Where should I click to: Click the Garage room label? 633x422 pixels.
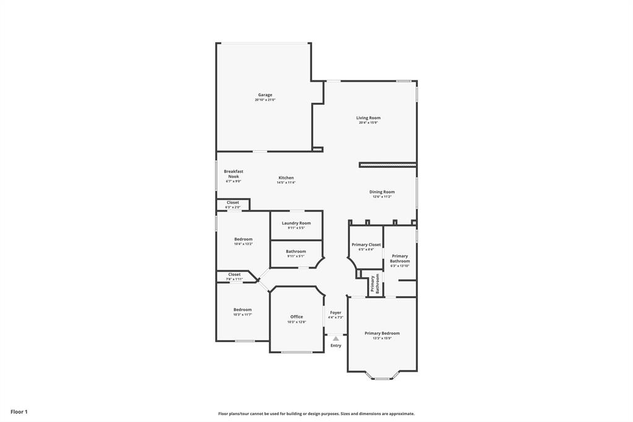(265, 95)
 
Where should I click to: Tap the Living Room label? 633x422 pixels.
(368, 118)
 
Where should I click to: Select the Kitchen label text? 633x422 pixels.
(286, 178)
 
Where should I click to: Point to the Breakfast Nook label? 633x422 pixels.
(233, 174)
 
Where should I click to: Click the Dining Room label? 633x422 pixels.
(382, 192)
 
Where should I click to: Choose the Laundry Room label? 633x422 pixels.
(296, 223)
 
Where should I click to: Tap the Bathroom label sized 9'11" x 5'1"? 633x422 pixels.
(295, 252)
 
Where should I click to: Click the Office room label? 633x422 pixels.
(297, 317)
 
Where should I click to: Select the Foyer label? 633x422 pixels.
(336, 313)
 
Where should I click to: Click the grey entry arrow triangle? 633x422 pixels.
(336, 338)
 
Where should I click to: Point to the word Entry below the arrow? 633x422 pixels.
(336, 346)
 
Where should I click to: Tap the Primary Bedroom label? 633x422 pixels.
(382, 334)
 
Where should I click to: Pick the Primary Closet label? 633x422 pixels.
(366, 245)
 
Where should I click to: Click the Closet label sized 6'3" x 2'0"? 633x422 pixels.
(232, 203)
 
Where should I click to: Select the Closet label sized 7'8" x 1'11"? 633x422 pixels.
(234, 275)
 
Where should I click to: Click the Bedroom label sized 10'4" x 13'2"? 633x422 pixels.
(243, 239)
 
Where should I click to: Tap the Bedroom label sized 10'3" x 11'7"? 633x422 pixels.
(242, 310)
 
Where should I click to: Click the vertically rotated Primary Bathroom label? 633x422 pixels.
(375, 283)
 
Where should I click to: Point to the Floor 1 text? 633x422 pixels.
(19, 411)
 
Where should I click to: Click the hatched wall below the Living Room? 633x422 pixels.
(388, 165)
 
